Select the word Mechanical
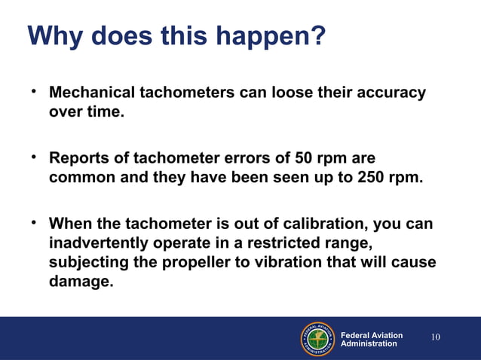tap(90, 93)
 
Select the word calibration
tap(302, 225)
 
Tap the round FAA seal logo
tap(317, 338)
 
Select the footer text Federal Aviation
tap(372, 335)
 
